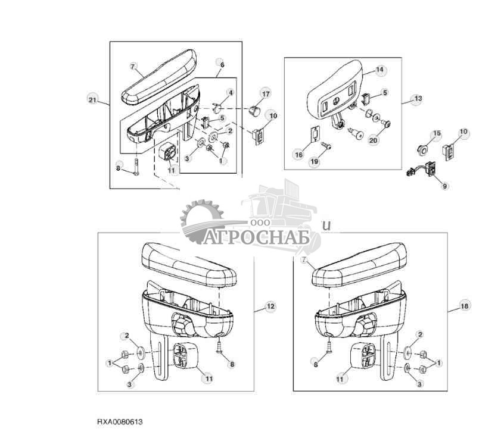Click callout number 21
pos(92,100)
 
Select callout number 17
pos(266,94)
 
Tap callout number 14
pos(379,70)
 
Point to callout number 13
pos(418,99)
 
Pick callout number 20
pos(373,140)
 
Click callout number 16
pos(298,155)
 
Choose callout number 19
pos(315,162)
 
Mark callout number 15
pos(437,133)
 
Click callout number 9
pos(445,186)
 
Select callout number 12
pos(270,306)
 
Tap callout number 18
pos(464,306)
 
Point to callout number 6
pos(222,65)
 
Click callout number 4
pos(231,93)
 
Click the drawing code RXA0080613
pos(120,422)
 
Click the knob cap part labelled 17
pos(254,111)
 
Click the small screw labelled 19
pos(326,146)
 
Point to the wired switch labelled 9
pos(422,170)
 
